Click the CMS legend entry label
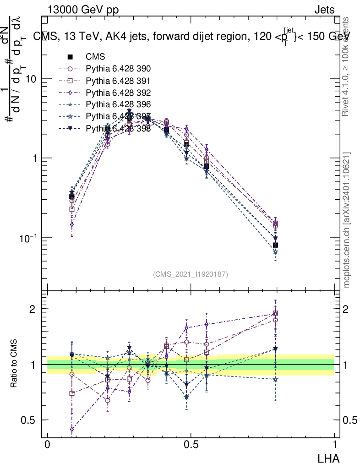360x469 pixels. tap(95, 57)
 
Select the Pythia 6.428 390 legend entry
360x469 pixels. tap(118, 69)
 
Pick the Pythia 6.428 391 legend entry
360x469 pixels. tap(118, 81)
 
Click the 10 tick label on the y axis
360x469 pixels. tap(31, 79)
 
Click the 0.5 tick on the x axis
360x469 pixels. tap(191, 444)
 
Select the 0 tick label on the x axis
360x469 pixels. tap(48, 444)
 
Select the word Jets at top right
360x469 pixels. tap(324, 9)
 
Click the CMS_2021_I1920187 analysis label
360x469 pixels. tap(191, 274)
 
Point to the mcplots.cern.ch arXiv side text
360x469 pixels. tap(347, 220)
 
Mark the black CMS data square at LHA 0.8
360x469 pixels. tap(275, 245)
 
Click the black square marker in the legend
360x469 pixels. tap(71, 57)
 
